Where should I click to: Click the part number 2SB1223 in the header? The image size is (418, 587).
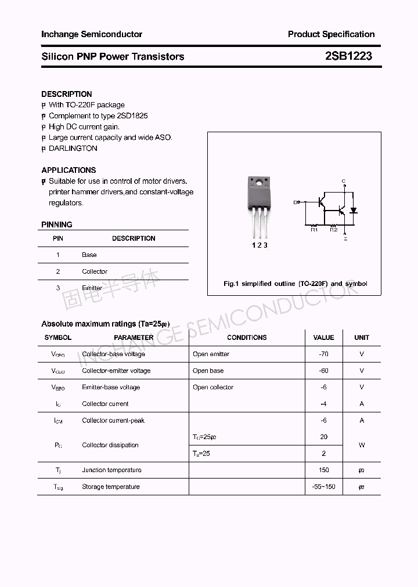[348, 56]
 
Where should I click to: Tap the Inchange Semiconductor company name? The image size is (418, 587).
[92, 34]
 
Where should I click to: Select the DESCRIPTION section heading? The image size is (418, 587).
[67, 94]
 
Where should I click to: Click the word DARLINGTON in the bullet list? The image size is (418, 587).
[73, 148]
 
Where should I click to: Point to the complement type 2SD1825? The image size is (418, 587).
[132, 116]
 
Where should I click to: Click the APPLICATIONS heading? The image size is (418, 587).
[69, 171]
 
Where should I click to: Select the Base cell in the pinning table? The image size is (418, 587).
[89, 255]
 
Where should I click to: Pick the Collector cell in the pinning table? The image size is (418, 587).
[95, 271]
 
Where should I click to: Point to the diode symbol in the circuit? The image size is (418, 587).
[353, 211]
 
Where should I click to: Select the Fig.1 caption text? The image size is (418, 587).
[296, 284]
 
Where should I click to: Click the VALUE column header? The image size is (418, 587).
[323, 338]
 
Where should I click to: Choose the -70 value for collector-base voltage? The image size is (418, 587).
[323, 354]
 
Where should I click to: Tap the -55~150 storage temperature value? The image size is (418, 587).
[323, 487]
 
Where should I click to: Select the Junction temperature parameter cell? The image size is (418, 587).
[111, 470]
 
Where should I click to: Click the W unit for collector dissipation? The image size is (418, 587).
[362, 445]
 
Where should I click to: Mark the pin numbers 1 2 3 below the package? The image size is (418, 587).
[260, 245]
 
